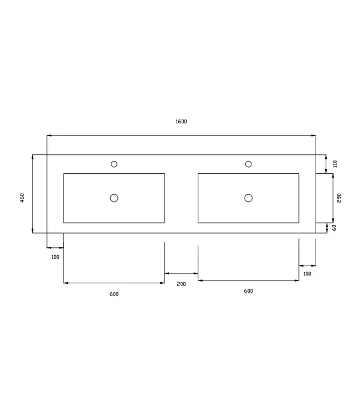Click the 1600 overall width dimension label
tap(181, 122)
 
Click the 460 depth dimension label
tap(22, 198)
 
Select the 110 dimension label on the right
tap(335, 164)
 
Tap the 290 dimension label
tap(339, 198)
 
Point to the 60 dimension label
tap(334, 227)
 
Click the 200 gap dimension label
tap(181, 284)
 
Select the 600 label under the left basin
tap(114, 294)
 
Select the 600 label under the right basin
tap(248, 291)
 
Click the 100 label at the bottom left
tap(55, 257)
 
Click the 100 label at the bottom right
tap(307, 273)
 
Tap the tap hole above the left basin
tap(114, 164)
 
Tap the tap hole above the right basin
tap(248, 164)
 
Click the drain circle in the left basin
tap(114, 198)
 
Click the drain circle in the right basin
tap(248, 198)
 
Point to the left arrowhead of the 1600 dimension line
tap(49, 135)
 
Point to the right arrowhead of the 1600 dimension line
tap(313, 135)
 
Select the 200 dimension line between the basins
tap(181, 273)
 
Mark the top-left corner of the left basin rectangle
tap(64, 174)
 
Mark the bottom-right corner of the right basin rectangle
tap(299, 222)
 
